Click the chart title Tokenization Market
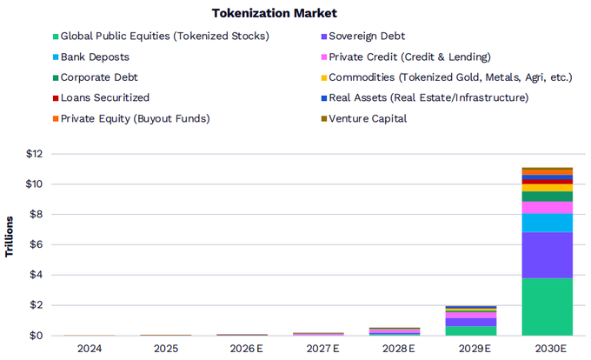coord(274,13)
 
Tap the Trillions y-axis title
coord(9,237)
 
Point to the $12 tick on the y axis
coord(34,154)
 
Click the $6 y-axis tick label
coord(37,244)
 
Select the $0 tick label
coord(37,335)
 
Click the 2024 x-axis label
coord(90,349)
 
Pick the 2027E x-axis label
coord(322,349)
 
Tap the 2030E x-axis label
coord(551,349)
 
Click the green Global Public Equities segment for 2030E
coord(548,306)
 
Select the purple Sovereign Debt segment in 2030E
coord(548,255)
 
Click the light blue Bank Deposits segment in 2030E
coord(548,223)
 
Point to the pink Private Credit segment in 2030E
coord(548,208)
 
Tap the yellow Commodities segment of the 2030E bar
coord(548,188)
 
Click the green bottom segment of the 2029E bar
coord(471,330)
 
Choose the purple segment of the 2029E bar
coord(471,322)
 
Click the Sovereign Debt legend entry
coord(363,37)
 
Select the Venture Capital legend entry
coord(363,119)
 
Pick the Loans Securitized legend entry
coord(101,98)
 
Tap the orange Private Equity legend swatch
coord(56,119)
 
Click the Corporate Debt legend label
coord(99,77)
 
